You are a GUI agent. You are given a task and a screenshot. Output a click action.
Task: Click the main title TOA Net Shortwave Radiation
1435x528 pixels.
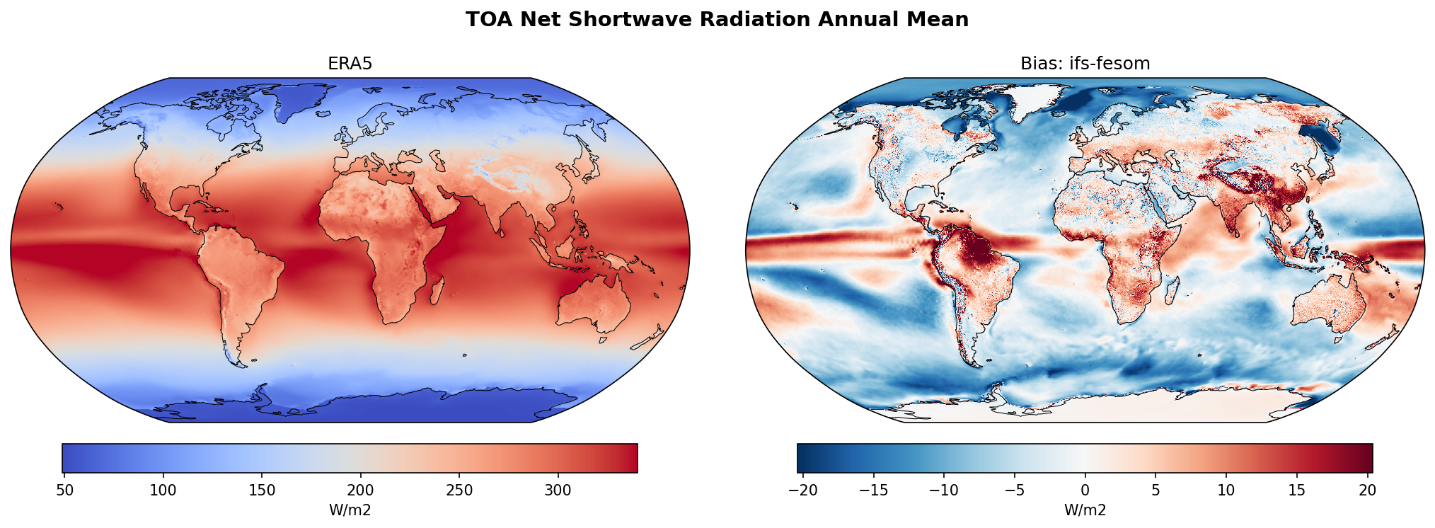pyautogui.click(x=717, y=20)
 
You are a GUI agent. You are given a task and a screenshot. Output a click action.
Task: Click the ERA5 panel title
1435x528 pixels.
pyautogui.click(x=350, y=64)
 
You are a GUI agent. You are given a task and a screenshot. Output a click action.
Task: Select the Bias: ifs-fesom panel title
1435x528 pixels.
pyautogui.click(x=1085, y=64)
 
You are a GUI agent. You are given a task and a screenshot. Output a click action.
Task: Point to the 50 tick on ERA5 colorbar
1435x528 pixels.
pyautogui.click(x=64, y=490)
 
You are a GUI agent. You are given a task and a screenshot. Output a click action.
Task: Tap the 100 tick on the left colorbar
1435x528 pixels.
pyautogui.click(x=163, y=490)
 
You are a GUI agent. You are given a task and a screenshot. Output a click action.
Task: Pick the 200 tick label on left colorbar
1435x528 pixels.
pyautogui.click(x=361, y=490)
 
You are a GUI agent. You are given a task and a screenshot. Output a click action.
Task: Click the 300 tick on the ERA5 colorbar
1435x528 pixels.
pyautogui.click(x=558, y=490)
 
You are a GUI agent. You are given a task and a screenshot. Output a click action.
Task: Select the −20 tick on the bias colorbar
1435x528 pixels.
pyautogui.click(x=802, y=490)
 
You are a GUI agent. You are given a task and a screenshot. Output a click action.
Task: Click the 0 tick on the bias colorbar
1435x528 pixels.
pyautogui.click(x=1085, y=490)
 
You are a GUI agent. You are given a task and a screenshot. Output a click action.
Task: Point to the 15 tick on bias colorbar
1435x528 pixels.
pyautogui.click(x=1296, y=490)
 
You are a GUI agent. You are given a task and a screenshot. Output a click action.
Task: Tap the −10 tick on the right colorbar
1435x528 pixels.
pyautogui.click(x=943, y=490)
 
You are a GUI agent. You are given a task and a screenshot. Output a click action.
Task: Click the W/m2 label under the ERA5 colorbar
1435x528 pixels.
pyautogui.click(x=350, y=510)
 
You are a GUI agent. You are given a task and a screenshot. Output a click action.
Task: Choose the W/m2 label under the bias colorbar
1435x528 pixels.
pyautogui.click(x=1085, y=510)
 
